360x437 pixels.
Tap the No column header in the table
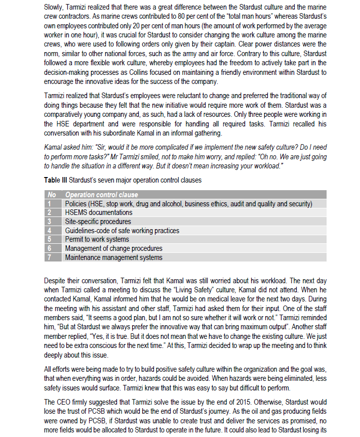click(x=51, y=195)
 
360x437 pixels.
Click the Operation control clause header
click(x=101, y=195)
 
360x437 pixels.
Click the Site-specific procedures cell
click(x=98, y=222)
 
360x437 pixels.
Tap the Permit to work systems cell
click(x=97, y=240)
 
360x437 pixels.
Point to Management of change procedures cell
click(x=113, y=248)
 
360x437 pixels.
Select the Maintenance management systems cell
click(x=113, y=257)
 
